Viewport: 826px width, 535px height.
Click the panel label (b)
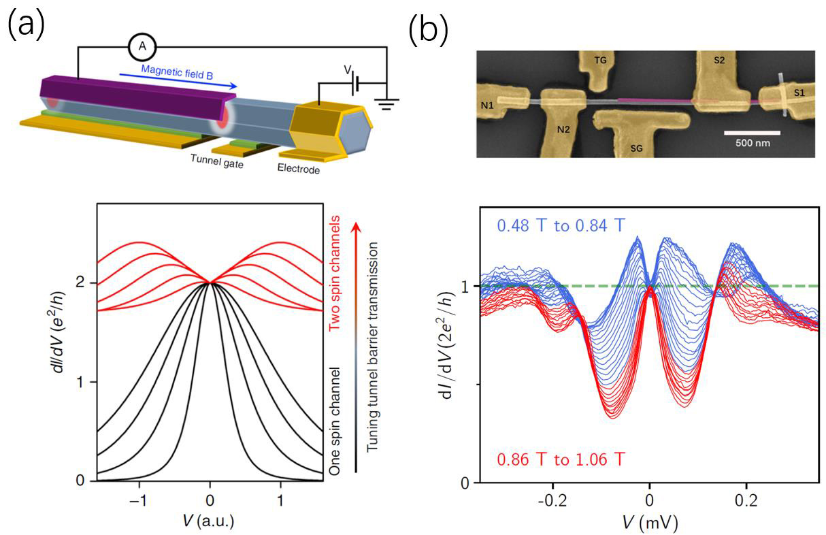427,30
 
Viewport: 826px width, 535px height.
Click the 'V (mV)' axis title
648,523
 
